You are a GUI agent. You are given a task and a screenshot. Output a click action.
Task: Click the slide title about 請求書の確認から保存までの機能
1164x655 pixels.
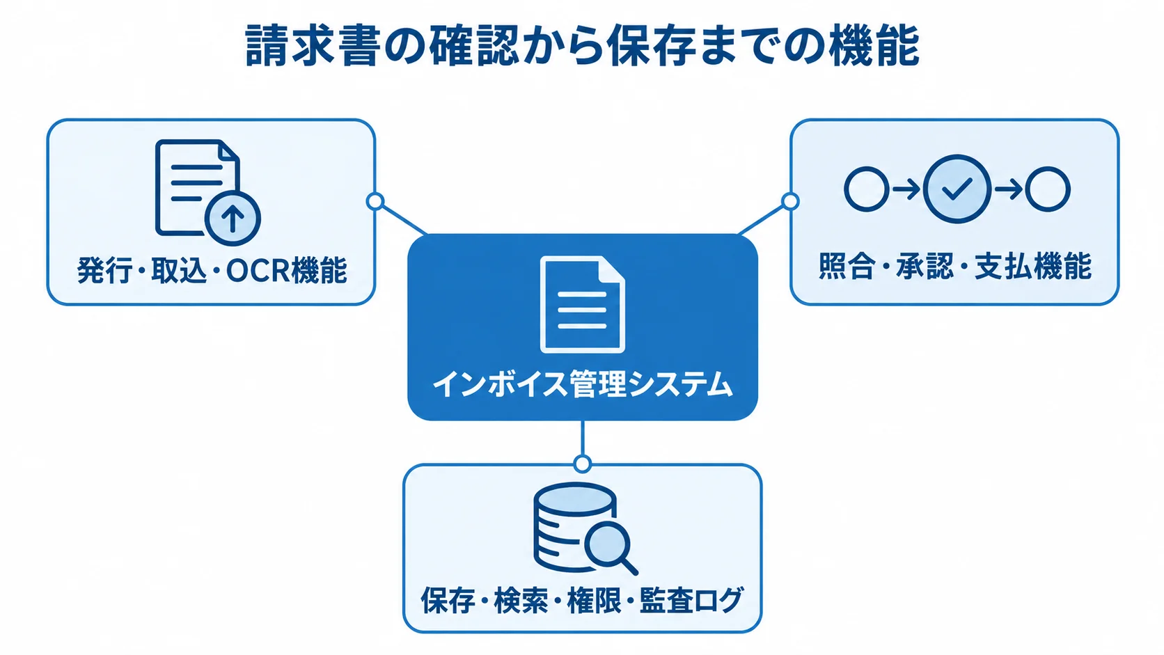click(x=582, y=46)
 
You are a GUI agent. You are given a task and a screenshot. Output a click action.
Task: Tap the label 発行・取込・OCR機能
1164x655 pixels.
click(x=212, y=270)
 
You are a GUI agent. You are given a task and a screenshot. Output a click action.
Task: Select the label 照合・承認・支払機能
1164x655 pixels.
click(x=954, y=267)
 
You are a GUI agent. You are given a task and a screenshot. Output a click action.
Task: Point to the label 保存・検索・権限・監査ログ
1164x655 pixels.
click(x=582, y=600)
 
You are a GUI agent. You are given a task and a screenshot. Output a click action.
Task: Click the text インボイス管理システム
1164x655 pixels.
click(x=583, y=384)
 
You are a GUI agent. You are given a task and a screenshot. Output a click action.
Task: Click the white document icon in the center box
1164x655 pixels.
click(x=583, y=304)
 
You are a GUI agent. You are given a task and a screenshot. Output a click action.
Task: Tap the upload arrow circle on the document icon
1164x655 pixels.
click(x=233, y=218)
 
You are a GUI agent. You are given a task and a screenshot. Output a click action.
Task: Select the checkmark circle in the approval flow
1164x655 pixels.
click(x=957, y=189)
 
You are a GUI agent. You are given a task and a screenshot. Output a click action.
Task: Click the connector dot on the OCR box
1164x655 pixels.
click(x=375, y=201)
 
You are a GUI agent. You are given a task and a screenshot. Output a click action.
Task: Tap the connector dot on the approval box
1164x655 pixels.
click(x=790, y=201)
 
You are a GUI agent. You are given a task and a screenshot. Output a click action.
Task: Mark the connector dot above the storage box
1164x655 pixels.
click(x=583, y=464)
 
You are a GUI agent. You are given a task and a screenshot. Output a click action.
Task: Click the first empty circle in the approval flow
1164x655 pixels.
click(x=866, y=189)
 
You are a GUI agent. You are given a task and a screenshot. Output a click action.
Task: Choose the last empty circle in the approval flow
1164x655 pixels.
click(x=1048, y=189)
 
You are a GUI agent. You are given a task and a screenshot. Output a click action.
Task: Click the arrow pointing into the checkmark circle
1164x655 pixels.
click(x=906, y=189)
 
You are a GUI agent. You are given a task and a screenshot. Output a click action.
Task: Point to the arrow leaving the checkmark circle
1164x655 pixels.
click(x=1008, y=189)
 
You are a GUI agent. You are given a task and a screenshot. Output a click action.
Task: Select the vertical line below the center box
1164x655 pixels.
click(x=583, y=437)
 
